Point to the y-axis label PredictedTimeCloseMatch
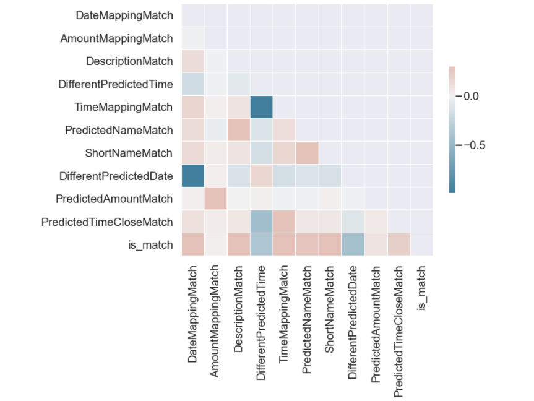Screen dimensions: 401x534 click(x=107, y=222)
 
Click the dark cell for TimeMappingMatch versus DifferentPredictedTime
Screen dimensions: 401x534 click(x=262, y=107)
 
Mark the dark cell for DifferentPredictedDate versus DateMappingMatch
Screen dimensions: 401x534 click(x=193, y=176)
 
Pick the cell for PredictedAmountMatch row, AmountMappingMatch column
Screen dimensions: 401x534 click(x=216, y=199)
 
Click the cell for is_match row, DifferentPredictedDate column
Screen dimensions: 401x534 click(x=353, y=244)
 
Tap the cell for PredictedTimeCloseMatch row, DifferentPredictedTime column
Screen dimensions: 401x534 click(x=262, y=222)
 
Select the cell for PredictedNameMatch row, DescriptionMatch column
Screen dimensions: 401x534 click(x=239, y=130)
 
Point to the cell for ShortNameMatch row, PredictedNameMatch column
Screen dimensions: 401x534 click(x=307, y=153)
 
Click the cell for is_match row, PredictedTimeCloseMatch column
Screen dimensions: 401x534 click(x=398, y=244)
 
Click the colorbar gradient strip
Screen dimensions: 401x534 click(x=452, y=129)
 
